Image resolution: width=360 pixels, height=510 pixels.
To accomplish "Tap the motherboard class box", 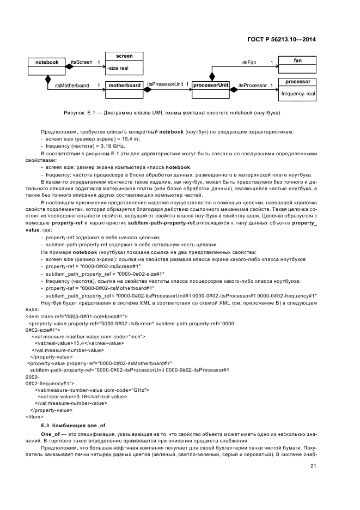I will pyautogui.click(x=125, y=86).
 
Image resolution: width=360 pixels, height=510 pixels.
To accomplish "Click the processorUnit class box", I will pyautogui.click(x=211, y=86).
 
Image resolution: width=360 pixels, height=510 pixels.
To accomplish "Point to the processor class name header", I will pyautogui.click(x=297, y=82).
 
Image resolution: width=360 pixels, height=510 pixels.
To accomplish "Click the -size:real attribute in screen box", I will pyautogui.click(x=118, y=68).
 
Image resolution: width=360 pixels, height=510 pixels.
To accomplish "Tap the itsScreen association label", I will pyautogui.click(x=81, y=62).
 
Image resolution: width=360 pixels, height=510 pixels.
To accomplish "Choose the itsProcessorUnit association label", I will pyautogui.click(x=166, y=84).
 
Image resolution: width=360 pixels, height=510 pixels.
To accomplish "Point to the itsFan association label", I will pyautogui.click(x=249, y=63).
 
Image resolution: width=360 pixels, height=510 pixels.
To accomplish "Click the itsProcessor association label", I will pyautogui.click(x=254, y=86).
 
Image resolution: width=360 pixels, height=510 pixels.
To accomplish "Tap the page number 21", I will pyautogui.click(x=313, y=465).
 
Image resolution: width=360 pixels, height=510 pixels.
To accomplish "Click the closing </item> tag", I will pyautogui.click(x=34, y=416).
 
